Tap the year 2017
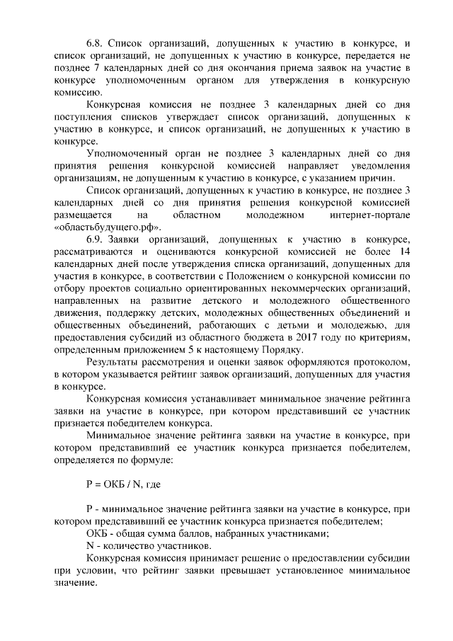pyautogui.click(x=306, y=338)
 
